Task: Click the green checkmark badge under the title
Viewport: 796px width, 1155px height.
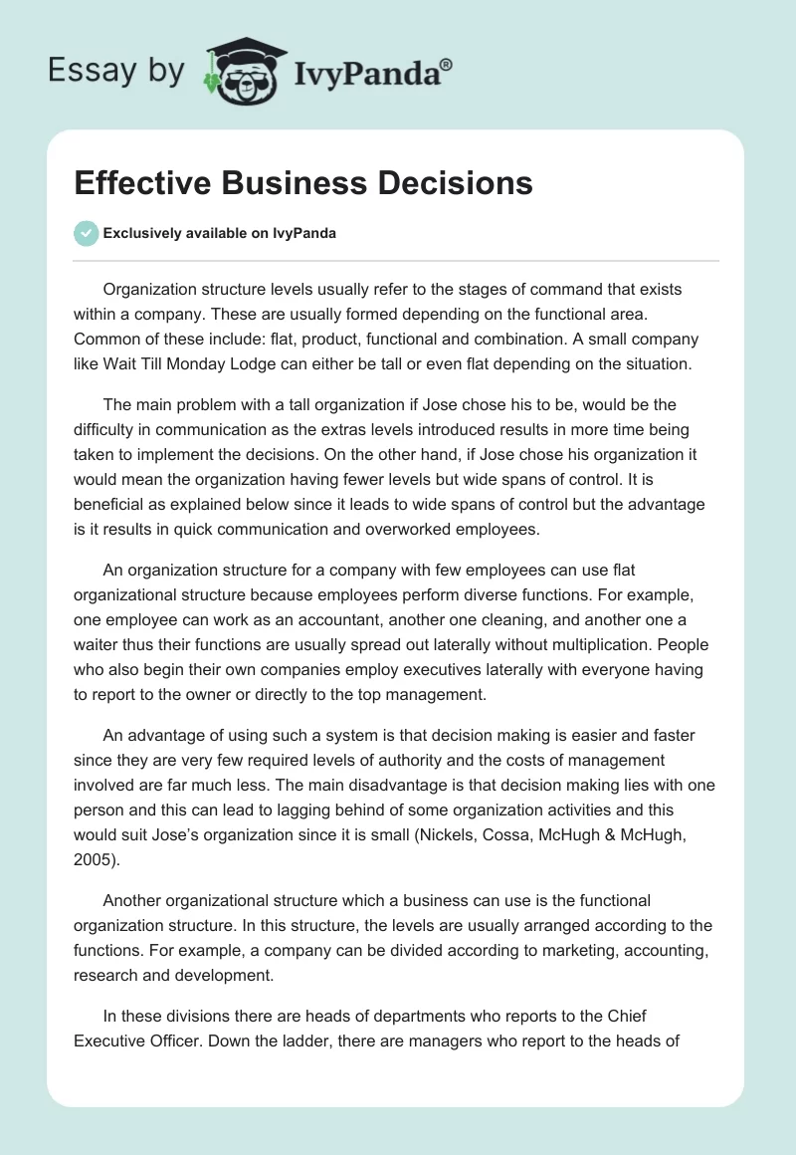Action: click(86, 233)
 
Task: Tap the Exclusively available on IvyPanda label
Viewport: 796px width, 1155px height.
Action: click(219, 234)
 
